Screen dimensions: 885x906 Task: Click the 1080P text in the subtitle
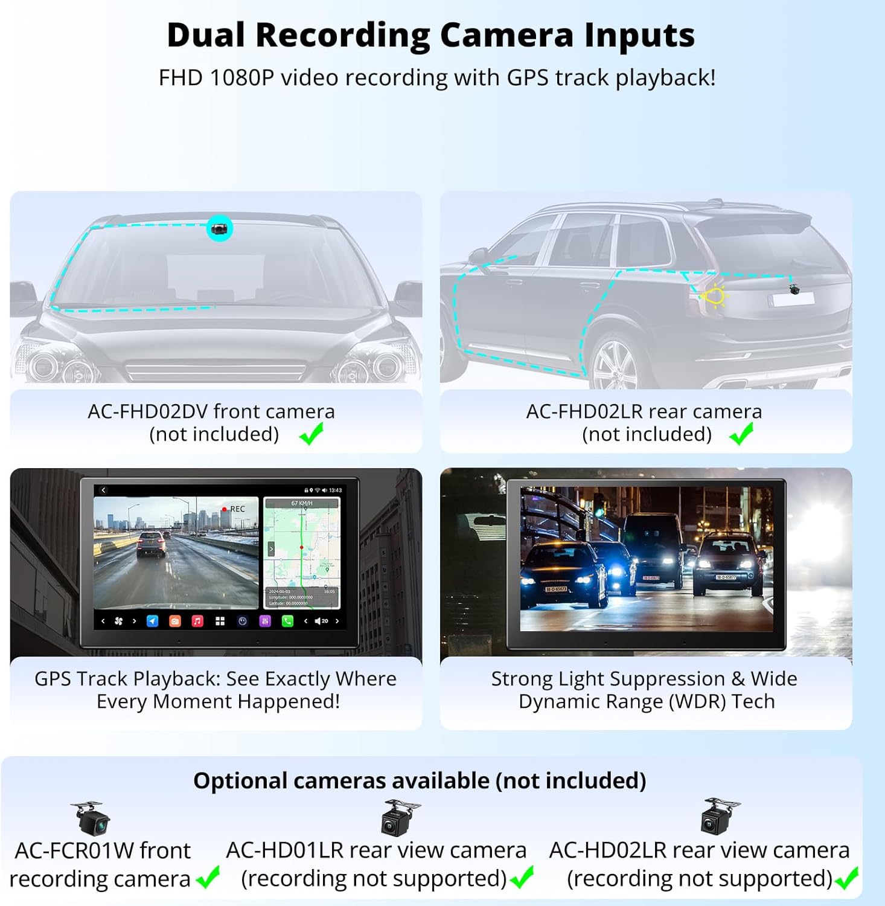[241, 78]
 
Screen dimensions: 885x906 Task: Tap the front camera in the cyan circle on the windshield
[220, 229]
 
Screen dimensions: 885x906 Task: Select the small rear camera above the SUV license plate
[794, 289]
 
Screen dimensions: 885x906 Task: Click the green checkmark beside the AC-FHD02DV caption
[312, 434]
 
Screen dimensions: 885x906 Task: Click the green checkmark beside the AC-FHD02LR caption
[741, 434]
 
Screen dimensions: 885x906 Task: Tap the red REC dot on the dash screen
[225, 509]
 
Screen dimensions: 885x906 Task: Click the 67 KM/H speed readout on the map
[302, 503]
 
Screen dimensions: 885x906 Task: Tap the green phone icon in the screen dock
[287, 621]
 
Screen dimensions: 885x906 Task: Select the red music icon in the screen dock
[197, 621]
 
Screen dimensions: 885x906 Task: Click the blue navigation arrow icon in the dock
[153, 621]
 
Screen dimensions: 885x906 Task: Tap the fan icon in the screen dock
[118, 621]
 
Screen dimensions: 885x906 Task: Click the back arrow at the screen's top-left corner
[103, 490]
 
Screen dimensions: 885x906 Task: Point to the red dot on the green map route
[301, 547]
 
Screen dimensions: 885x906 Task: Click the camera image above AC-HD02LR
[720, 816]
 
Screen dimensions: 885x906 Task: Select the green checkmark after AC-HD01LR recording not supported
[522, 878]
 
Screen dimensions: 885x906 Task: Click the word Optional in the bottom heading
[241, 781]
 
